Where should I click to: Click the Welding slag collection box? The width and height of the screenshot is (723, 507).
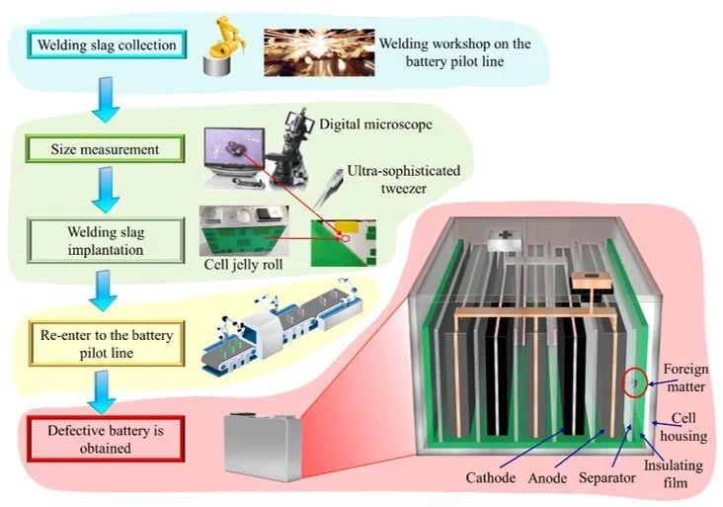(107, 44)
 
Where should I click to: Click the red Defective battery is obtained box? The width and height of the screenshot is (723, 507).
(104, 440)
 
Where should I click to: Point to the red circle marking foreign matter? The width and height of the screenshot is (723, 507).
(632, 382)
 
